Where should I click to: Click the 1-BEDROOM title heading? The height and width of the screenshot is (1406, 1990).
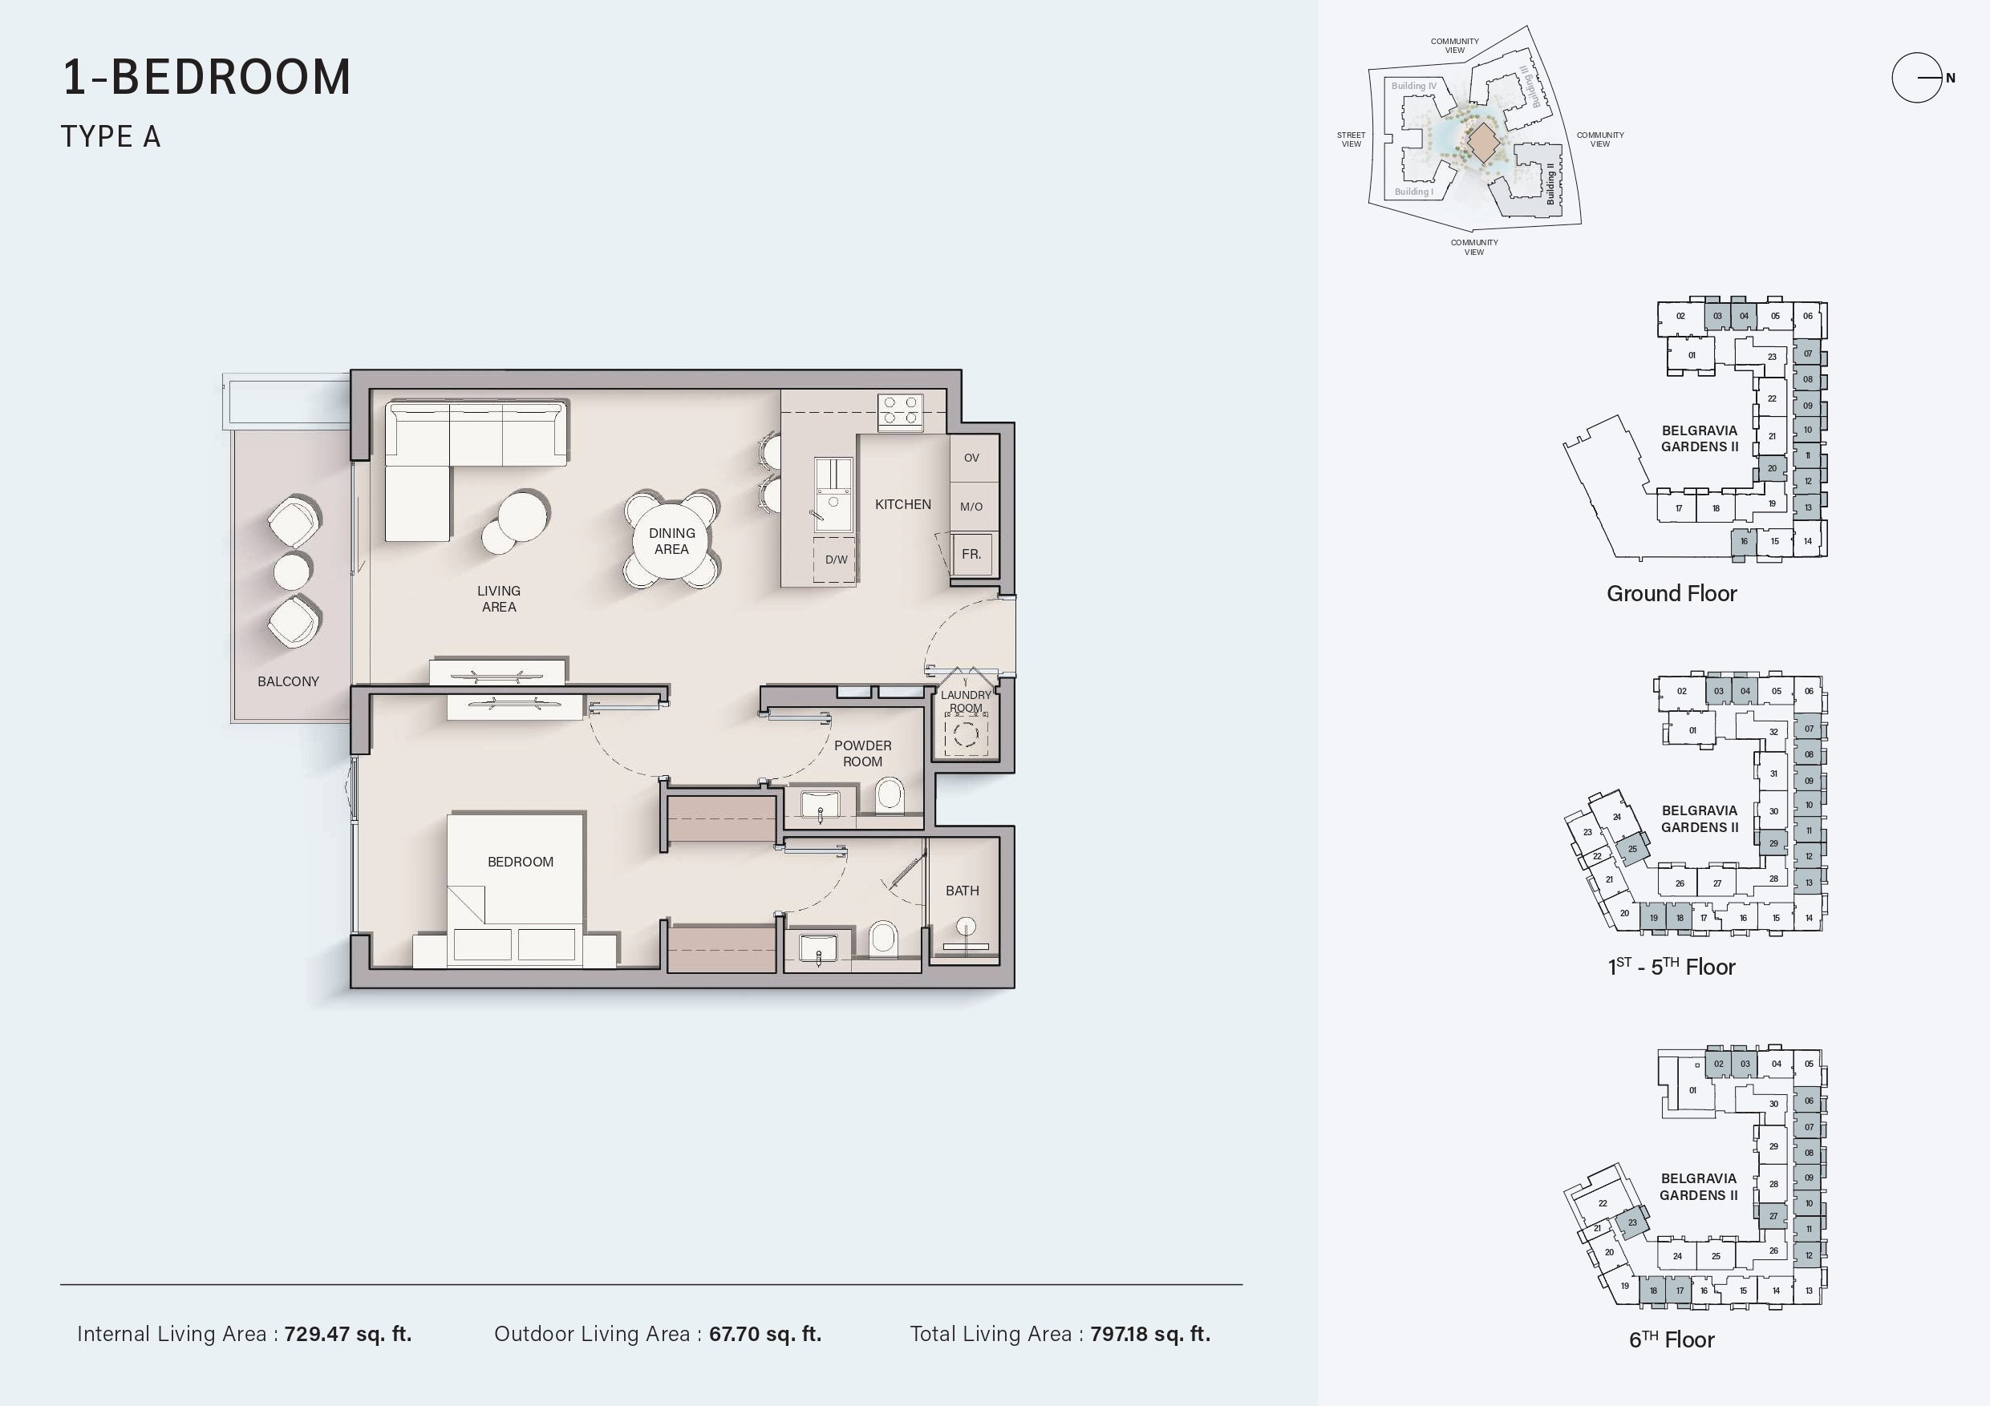coord(207,76)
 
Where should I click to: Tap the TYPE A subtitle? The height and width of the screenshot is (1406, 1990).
coord(111,137)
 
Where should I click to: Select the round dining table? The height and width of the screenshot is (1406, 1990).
coord(671,540)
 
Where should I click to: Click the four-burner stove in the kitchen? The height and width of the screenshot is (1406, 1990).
coord(901,411)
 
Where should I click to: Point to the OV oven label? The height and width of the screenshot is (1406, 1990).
coord(971,459)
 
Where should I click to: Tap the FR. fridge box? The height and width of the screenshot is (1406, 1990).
coord(971,555)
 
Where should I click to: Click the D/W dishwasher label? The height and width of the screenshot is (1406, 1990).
coord(837,560)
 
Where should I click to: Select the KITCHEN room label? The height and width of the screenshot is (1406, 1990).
coord(903,504)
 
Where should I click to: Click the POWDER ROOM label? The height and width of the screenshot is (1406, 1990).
coord(862,754)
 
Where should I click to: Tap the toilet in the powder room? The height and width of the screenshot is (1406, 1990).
coord(890,794)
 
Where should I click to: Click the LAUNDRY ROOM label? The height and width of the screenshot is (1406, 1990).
coord(966,701)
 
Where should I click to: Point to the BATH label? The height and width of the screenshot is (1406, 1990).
coord(962,891)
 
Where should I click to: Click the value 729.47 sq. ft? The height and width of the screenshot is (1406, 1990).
coord(348,1334)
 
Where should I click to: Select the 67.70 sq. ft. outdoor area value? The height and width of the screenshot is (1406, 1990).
coord(765,1334)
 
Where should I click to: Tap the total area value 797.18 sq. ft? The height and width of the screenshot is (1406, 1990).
coord(1150,1334)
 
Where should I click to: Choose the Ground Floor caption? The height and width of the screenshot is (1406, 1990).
coord(1672,593)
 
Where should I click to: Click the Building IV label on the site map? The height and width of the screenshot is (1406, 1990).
coord(1413,86)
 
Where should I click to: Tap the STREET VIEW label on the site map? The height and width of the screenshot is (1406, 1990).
coord(1352,139)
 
